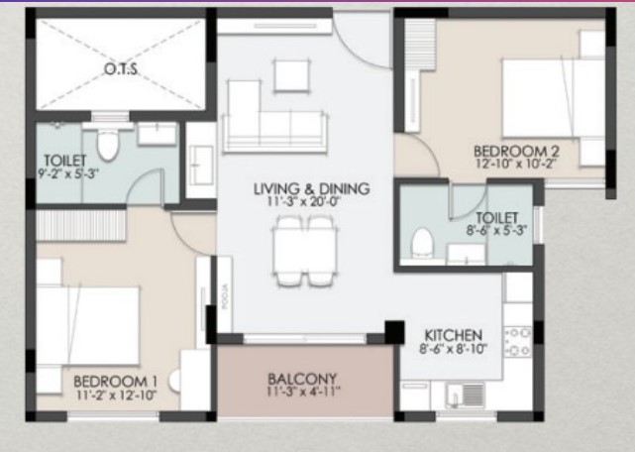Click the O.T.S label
coord(121,69)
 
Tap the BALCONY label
coord(302,379)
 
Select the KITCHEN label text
coord(453,335)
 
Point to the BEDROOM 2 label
coord(516,152)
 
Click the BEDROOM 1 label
coord(116,382)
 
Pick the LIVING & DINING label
coord(312,188)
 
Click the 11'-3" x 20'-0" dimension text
coord(303,201)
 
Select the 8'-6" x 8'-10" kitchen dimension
coord(453,349)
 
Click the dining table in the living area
coord(304,251)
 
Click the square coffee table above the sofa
coord(291,75)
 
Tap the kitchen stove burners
coord(518,342)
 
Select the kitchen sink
coord(465,395)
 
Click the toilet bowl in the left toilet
coord(107,145)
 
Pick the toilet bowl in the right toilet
coord(422,242)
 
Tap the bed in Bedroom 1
coord(88,325)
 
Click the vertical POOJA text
coord(226,296)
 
